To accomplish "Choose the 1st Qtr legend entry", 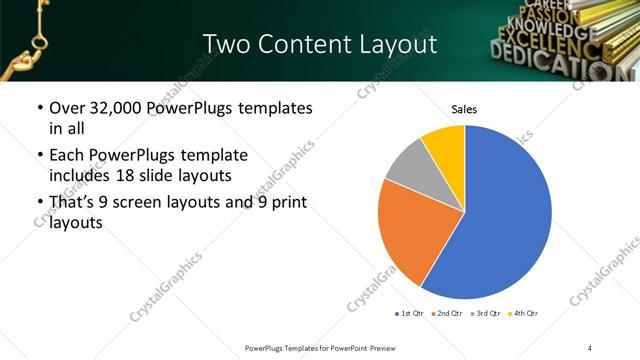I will point(411,314).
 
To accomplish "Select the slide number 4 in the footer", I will point(590,347).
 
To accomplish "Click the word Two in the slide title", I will point(224,44).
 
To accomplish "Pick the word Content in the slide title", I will point(299,44).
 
